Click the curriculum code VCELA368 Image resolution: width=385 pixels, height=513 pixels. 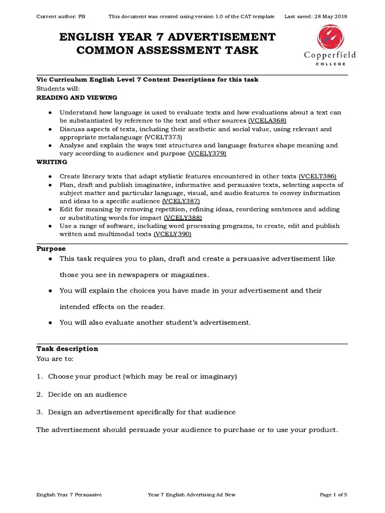268,121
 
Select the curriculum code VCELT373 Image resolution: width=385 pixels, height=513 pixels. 163,137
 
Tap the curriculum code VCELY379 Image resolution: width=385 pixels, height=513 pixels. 207,153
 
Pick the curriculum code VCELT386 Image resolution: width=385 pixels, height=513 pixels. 317,176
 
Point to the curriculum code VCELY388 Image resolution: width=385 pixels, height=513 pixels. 183,217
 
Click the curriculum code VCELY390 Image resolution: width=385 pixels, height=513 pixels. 172,234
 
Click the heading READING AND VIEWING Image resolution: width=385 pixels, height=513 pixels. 77,97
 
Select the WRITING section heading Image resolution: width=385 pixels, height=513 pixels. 52,162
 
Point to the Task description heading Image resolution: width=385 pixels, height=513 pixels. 67,349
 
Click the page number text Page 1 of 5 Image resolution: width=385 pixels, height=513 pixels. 333,494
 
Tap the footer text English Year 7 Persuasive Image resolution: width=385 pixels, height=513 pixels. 69,494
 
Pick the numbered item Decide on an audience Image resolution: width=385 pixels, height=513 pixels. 87,394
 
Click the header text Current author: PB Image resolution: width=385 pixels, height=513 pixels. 61,17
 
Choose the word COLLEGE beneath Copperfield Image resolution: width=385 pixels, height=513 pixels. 329,64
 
